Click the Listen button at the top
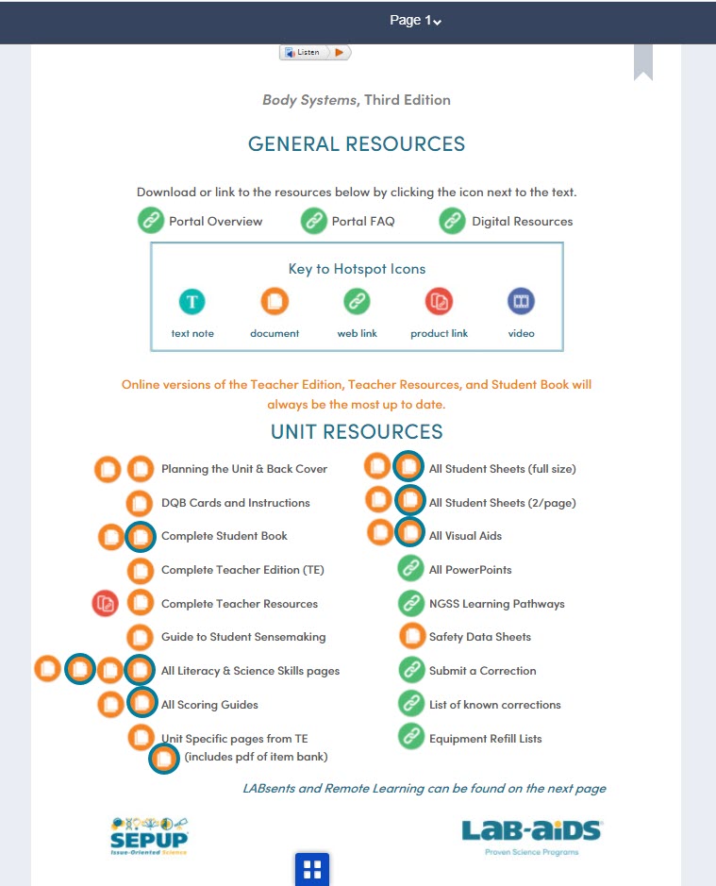[315, 52]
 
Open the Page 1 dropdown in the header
[416, 21]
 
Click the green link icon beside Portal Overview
[151, 221]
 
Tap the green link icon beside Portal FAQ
[313, 221]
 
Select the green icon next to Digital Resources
[453, 221]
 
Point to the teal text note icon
[192, 302]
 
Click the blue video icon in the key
[521, 302]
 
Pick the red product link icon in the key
[439, 302]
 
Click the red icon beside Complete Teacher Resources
[106, 603]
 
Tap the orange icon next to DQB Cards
[141, 502]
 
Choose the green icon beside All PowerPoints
[410, 569]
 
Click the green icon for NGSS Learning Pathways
[410, 603]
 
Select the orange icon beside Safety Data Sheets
[411, 637]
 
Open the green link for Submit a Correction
[410, 670]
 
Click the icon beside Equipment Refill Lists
[410, 737]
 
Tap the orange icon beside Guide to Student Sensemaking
[141, 637]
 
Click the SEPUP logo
[149, 836]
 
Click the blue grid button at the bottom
[312, 869]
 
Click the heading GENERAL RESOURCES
[357, 144]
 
